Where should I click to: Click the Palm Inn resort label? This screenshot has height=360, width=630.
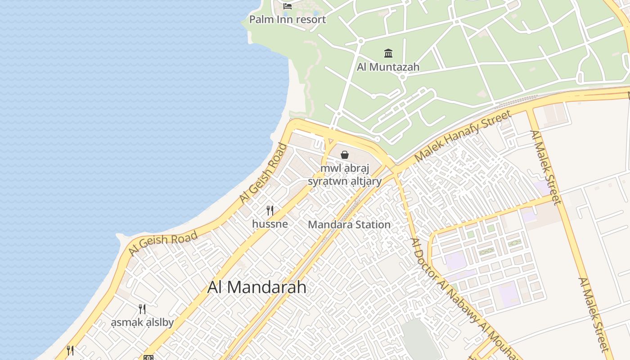pos(288,19)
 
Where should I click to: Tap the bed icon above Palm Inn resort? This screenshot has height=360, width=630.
pos(288,6)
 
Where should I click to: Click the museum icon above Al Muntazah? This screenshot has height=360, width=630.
pos(388,54)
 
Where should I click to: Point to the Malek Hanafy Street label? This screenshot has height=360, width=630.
pos(463,136)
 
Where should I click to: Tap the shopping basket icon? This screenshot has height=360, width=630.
pos(345,155)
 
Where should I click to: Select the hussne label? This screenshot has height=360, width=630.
pos(270,224)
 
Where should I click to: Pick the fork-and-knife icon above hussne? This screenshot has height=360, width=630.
pos(270,210)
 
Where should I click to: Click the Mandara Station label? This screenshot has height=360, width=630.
pos(349,225)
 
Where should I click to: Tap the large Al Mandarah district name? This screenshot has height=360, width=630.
pos(256,287)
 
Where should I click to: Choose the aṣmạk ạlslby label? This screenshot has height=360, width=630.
pos(142,323)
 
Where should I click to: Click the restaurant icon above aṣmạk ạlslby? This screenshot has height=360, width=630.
pos(142,309)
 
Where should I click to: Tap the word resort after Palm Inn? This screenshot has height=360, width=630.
pos(311,19)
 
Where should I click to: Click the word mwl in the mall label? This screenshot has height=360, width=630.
pos(329,169)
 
